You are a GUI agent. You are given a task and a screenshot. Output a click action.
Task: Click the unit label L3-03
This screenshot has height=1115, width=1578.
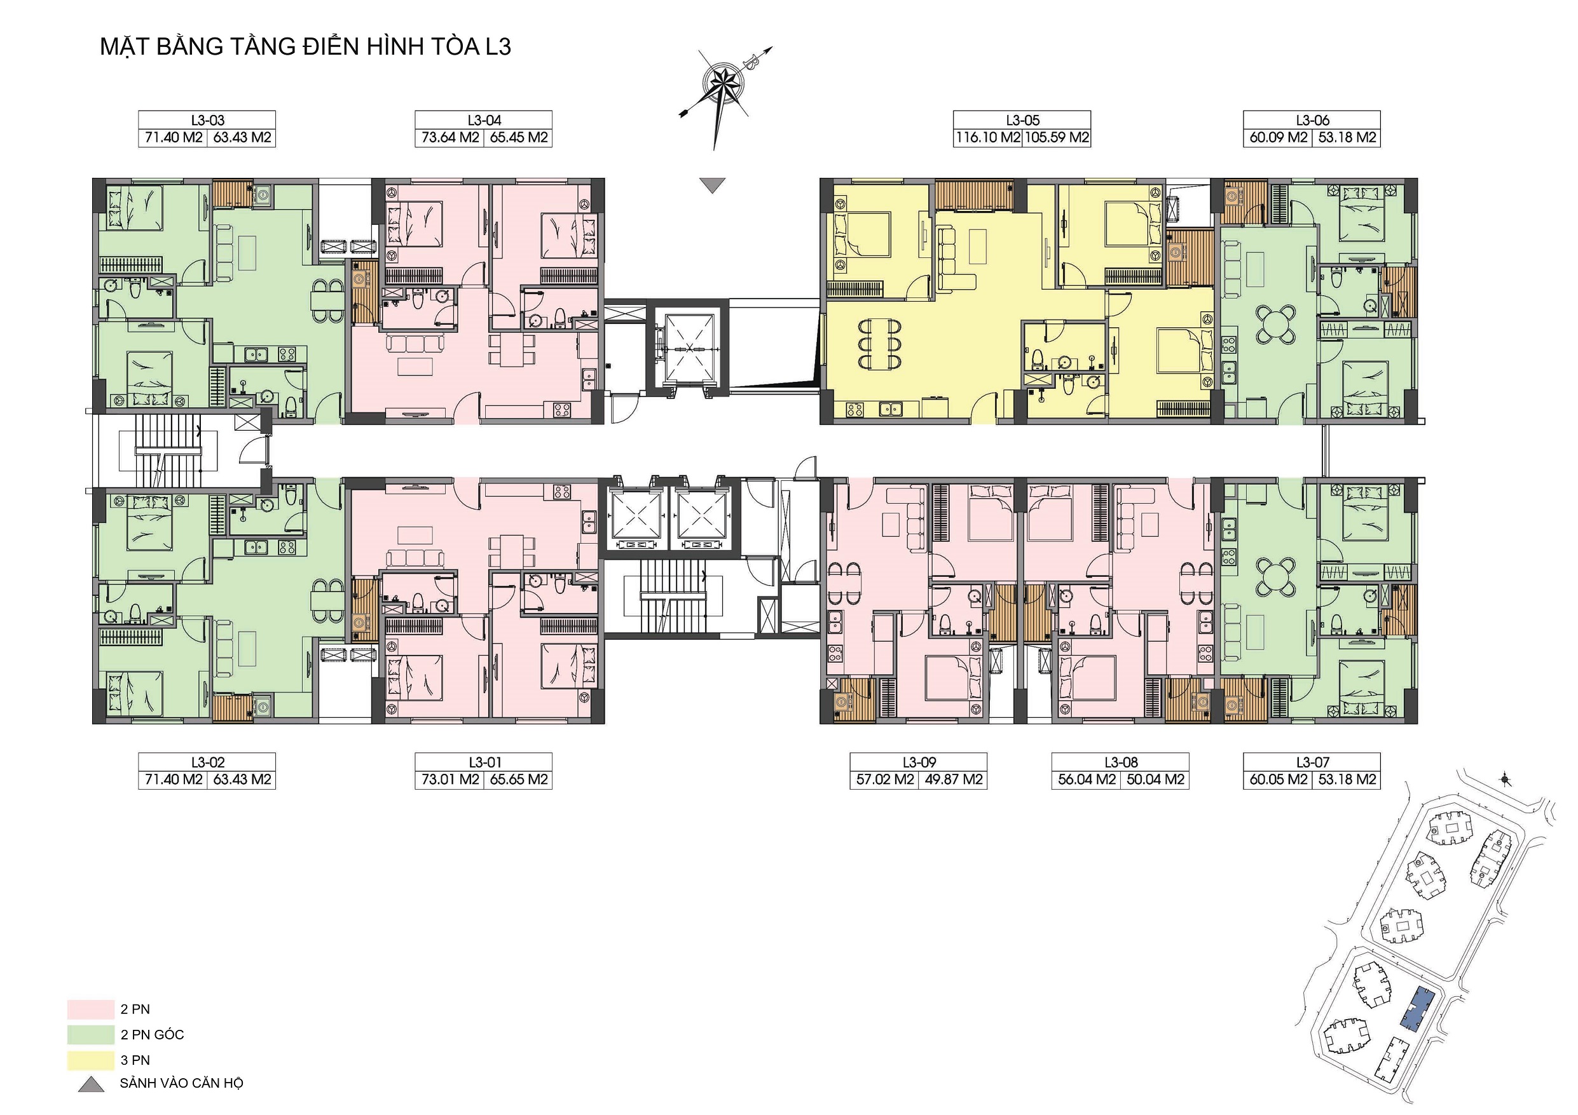(x=207, y=120)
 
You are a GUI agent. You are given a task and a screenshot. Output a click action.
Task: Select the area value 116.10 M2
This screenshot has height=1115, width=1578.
(x=987, y=137)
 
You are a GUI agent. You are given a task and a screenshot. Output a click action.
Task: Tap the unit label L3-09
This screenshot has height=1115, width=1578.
(x=919, y=762)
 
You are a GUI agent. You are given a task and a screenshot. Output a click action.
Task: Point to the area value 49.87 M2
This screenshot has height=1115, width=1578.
(x=953, y=780)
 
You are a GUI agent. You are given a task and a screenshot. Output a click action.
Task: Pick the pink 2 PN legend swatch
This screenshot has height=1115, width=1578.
(x=91, y=1009)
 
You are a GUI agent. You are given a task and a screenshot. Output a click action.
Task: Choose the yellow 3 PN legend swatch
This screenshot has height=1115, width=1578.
(x=91, y=1060)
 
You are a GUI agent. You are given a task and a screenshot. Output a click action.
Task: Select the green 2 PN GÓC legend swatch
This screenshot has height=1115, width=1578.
(x=91, y=1034)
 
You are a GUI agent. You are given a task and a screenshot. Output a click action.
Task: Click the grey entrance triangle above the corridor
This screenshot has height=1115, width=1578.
(x=713, y=185)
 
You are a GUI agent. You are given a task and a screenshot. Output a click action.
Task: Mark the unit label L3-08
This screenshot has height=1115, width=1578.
(x=1121, y=762)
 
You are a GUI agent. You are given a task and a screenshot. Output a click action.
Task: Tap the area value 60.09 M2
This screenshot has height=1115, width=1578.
(x=1279, y=137)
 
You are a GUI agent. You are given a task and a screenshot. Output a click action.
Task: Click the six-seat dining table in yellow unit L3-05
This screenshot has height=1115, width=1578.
(x=880, y=344)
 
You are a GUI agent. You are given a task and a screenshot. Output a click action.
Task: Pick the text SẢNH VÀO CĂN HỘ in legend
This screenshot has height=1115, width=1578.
(x=181, y=1083)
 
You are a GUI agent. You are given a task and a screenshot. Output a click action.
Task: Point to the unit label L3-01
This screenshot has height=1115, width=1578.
(x=485, y=762)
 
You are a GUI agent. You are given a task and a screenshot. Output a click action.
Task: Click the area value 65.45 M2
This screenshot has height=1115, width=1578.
(x=519, y=137)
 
